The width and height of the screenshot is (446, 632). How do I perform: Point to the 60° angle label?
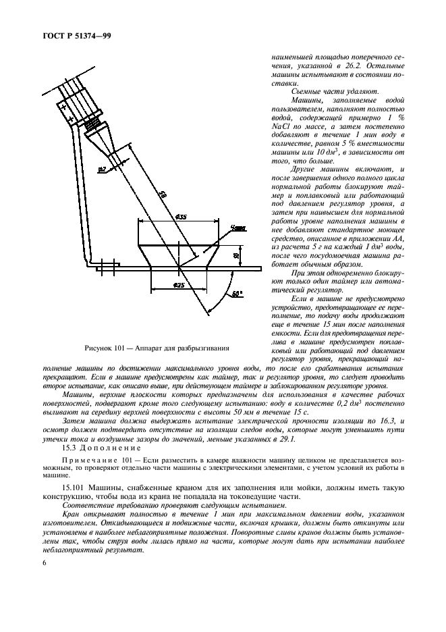click(236, 294)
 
